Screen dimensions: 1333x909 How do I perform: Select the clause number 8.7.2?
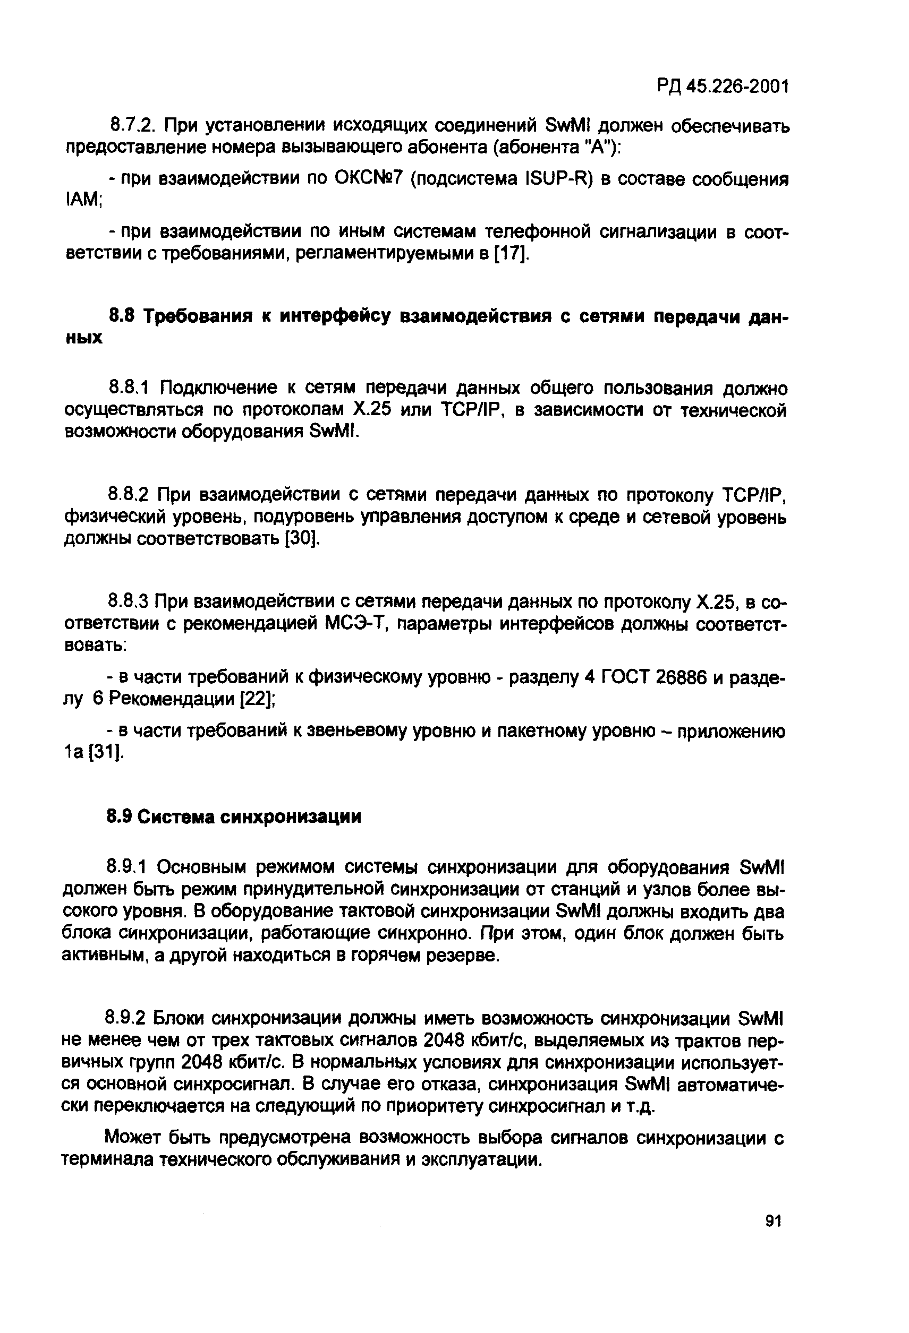(x=133, y=124)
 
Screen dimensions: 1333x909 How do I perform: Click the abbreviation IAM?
(x=83, y=201)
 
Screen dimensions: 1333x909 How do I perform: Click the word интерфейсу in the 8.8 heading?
(x=334, y=316)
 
